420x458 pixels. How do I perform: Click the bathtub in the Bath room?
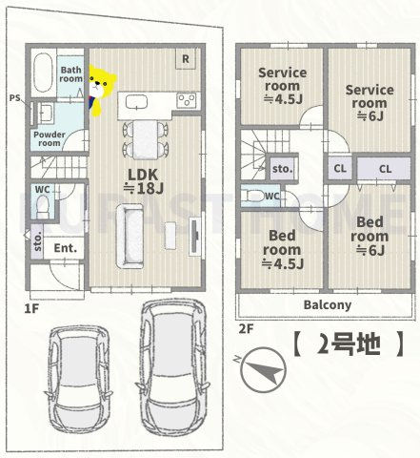[x=43, y=73]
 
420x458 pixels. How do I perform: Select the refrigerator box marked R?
[x=186, y=58]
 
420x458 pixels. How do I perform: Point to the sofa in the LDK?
[x=130, y=237]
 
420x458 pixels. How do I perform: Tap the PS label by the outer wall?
[x=14, y=97]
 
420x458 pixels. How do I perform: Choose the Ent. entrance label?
[x=65, y=248]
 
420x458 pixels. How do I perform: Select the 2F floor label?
[x=247, y=329]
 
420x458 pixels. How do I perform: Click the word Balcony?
[x=328, y=304]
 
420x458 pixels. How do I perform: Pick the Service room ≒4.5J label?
[x=283, y=84]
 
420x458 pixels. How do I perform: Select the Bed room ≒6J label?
[x=370, y=236]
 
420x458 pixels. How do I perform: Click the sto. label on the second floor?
[x=282, y=170]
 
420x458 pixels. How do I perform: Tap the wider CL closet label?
[x=385, y=169]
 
